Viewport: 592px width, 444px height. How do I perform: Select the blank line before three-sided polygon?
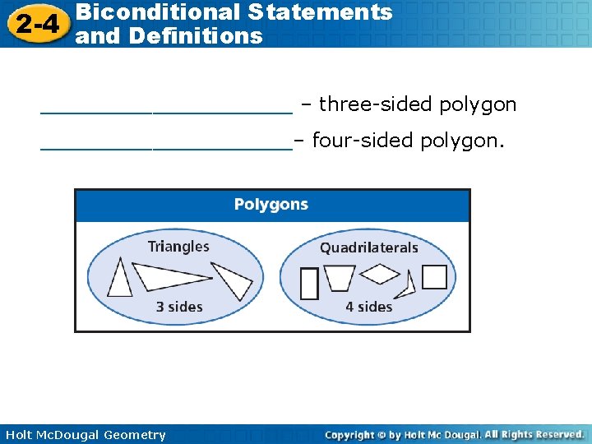[165, 107]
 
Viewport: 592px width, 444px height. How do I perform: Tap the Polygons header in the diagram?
[271, 205]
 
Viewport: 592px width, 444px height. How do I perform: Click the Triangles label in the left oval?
[178, 246]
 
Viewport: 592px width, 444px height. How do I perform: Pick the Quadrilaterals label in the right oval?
[369, 247]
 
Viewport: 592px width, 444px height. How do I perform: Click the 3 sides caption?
[179, 307]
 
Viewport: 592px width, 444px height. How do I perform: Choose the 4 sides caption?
[368, 307]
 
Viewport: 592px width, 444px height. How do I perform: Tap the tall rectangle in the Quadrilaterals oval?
[309, 283]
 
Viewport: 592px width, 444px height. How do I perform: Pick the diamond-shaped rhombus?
[380, 273]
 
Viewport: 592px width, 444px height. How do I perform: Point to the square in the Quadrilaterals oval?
[434, 277]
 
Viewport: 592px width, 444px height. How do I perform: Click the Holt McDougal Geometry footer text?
[86, 435]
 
